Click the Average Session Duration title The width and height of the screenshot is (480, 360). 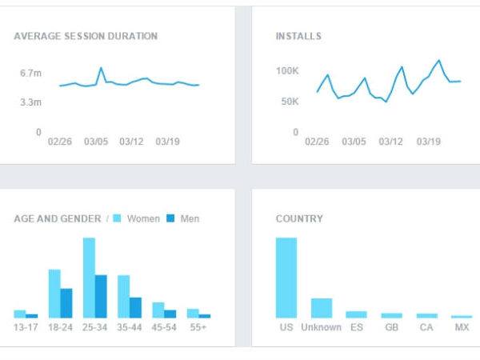click(86, 36)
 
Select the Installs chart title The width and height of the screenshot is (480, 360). click(298, 36)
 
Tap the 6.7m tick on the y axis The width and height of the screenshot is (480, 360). click(31, 74)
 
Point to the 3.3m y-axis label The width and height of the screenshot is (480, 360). click(31, 102)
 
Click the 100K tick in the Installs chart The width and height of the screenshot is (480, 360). click(286, 71)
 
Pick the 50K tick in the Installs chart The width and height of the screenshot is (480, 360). click(289, 102)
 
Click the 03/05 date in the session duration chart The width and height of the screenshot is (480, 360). click(96, 142)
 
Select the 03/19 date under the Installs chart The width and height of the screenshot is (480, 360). click(429, 142)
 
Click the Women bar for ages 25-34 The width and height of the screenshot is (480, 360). click(89, 278)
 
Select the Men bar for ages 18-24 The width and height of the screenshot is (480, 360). click(66, 303)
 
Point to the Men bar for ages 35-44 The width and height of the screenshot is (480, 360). click(135, 308)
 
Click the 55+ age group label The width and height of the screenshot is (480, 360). click(198, 327)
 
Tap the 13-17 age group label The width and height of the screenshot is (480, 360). click(26, 327)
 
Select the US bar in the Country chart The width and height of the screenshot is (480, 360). click(286, 278)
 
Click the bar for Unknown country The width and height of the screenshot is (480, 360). click(321, 308)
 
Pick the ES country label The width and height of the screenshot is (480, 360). click(356, 327)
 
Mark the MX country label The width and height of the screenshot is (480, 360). click(462, 327)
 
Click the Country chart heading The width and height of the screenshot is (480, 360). click(299, 218)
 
